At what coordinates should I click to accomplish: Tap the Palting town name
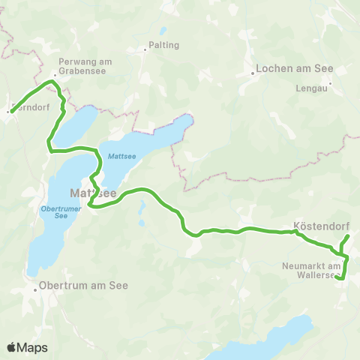(x=165, y=45)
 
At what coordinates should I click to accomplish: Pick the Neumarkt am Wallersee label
(x=313, y=271)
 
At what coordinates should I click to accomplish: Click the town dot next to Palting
(x=146, y=50)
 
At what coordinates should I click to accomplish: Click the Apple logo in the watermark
(x=12, y=347)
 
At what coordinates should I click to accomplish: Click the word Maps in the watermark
(x=33, y=347)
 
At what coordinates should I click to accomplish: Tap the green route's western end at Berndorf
(x=12, y=112)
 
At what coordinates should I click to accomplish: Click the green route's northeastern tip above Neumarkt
(x=349, y=236)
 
